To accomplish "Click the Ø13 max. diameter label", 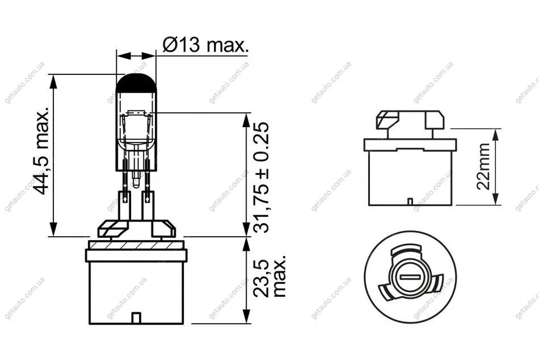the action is tap(205, 44).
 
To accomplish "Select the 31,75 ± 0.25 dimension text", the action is tap(260, 178).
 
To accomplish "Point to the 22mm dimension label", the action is tap(483, 166).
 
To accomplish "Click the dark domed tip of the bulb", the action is tap(137, 83).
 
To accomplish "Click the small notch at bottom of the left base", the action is tap(137, 318).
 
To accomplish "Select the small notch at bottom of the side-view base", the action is tap(410, 202).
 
